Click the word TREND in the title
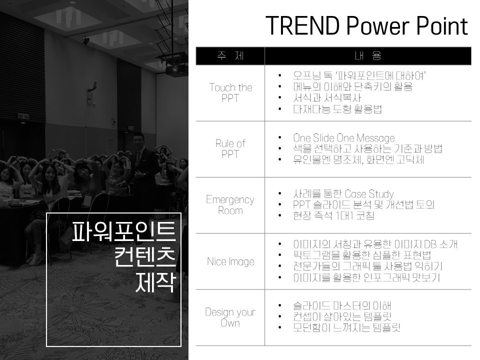[302, 25]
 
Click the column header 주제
[230, 55]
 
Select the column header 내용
[367, 55]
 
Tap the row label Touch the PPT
[230, 92]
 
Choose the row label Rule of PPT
[230, 148]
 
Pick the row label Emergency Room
[230, 205]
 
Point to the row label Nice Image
[230, 261]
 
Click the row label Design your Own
[230, 317]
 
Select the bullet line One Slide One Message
[344, 138]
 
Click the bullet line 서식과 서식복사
[327, 98]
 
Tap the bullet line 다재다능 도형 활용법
[337, 109]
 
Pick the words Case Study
[369, 194]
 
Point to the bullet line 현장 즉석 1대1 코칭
[333, 215]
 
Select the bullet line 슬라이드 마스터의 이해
[342, 305]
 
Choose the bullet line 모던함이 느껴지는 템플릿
[346, 327]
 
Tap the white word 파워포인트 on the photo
[124, 231]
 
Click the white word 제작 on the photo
[155, 282]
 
